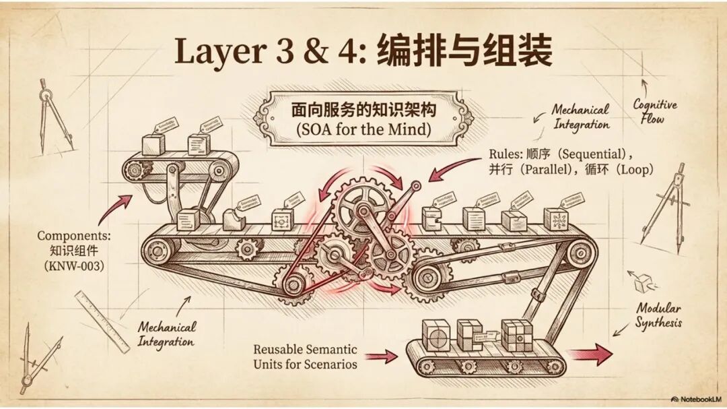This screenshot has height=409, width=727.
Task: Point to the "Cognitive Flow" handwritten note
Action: tap(654, 111)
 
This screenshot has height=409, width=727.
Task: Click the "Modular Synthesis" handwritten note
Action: tap(659, 315)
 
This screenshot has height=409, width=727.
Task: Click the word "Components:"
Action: tap(70, 236)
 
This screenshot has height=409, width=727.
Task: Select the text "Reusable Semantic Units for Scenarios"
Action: tap(305, 356)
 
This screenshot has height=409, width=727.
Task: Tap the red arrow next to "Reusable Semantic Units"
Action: tap(382, 356)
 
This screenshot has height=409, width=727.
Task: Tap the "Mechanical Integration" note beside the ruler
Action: tap(167, 334)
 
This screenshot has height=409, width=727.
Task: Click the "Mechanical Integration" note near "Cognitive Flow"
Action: tap(580, 116)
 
